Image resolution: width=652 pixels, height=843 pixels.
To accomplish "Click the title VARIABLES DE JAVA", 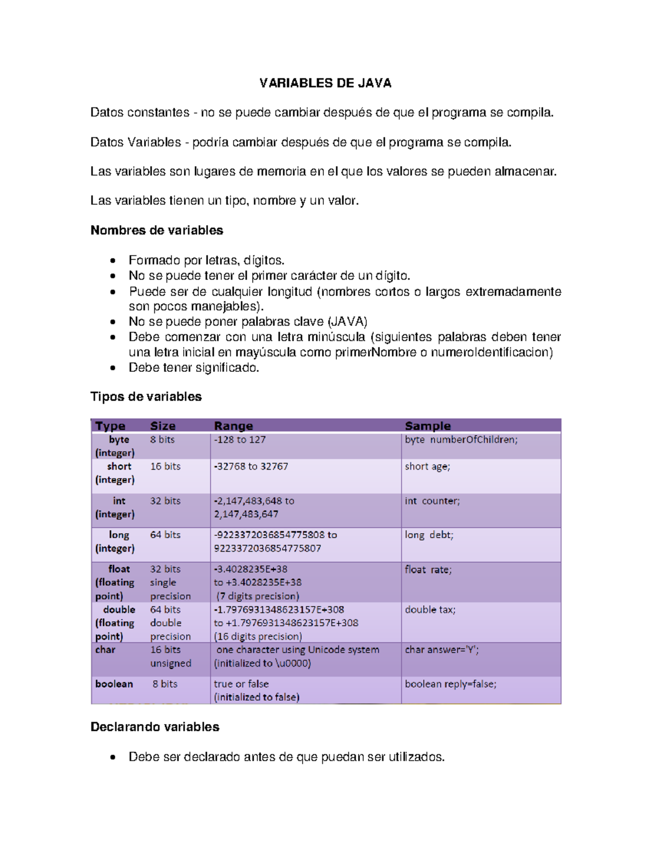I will [x=325, y=83].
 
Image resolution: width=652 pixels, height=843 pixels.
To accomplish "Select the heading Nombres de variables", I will [x=156, y=230].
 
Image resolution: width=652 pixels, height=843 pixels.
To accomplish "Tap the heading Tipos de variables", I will [x=146, y=397].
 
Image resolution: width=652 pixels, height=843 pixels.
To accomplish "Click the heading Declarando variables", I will [x=154, y=727].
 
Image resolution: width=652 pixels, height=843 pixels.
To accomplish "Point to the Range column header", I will [x=233, y=426].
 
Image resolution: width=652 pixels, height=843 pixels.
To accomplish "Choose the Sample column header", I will [x=428, y=426].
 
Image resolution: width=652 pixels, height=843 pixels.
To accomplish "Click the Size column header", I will [x=162, y=426].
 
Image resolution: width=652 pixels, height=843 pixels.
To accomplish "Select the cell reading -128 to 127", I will [x=240, y=440].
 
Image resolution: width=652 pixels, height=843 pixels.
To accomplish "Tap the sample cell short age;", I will [x=427, y=467].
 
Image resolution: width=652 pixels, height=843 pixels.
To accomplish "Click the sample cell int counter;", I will [x=432, y=501].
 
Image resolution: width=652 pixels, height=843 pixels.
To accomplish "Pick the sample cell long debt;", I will [x=429, y=535].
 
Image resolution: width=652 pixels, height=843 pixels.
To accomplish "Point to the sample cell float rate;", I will [x=428, y=569].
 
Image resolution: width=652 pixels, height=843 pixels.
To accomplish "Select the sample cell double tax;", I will [x=430, y=610].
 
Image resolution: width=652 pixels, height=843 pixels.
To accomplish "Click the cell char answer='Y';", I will [x=441, y=650].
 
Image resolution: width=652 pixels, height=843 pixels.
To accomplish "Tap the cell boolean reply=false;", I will [x=450, y=684].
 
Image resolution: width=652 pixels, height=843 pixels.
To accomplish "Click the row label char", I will [x=105, y=650].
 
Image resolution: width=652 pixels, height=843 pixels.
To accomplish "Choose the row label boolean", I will [x=114, y=684].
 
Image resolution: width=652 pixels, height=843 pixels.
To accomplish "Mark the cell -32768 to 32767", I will [x=250, y=467].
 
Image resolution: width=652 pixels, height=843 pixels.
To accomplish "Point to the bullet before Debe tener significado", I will [x=112, y=368].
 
